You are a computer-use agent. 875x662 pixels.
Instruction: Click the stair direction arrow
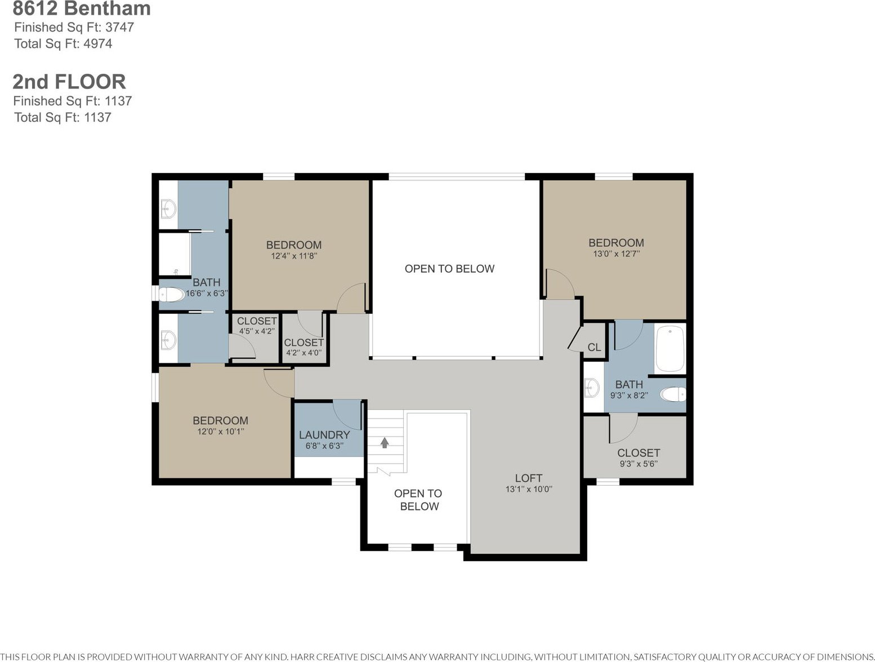384,443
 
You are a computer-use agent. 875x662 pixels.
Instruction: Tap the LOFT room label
528,478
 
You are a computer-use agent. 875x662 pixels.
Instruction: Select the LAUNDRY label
324,435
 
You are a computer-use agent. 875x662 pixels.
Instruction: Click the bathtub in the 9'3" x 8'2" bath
670,349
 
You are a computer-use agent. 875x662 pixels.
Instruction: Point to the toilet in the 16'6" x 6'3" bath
171,295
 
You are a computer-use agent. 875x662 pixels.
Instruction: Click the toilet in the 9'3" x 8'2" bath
673,394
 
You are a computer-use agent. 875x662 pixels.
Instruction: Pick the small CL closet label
594,348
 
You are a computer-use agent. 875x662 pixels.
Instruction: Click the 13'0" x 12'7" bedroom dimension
617,254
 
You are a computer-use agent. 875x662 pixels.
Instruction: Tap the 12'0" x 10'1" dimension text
221,431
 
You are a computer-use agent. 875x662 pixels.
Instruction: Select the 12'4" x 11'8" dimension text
294,256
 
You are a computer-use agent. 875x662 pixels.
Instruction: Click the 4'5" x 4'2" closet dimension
257,331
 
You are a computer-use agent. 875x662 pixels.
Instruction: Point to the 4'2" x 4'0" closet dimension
303,353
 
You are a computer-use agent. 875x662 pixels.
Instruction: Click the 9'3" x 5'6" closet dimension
639,463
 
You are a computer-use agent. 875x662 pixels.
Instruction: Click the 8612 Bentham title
82,8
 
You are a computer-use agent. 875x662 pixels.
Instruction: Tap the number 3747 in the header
119,27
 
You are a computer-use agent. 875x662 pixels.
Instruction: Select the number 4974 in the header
97,43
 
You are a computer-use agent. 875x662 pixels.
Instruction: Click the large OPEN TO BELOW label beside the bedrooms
449,269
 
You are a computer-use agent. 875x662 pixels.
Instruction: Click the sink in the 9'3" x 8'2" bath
592,388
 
